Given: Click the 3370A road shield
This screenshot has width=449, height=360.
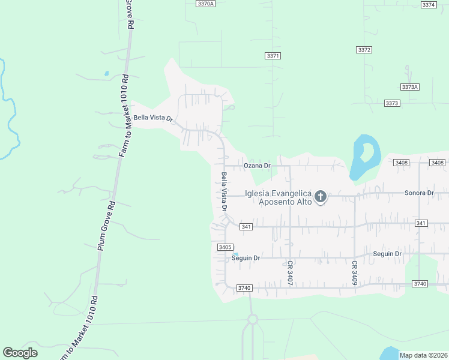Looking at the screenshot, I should pos(205,4).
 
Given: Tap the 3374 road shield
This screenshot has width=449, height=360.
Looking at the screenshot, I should pos(429,5).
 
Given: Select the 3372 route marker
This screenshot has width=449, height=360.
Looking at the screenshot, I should pos(364,50).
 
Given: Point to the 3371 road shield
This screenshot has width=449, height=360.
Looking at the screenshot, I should pos(273,56).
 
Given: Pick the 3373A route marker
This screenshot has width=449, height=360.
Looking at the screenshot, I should pos(409,87).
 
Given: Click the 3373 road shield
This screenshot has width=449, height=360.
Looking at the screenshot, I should pos(392,103).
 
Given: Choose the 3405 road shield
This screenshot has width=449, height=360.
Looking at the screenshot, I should pos(225,247).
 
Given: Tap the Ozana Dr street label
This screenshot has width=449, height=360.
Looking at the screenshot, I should pos(258,165).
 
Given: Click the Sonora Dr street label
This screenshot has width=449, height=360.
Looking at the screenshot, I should pos(419,193).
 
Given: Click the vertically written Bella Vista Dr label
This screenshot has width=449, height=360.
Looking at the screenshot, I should pos(224,191).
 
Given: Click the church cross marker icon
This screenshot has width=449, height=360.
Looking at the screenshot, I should pos(321,196).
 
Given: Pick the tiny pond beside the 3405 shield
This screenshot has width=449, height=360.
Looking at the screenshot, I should pos(235,254).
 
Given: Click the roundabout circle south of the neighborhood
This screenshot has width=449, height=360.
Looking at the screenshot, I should pos(253,319).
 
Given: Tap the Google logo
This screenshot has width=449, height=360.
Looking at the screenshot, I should pos(20,353).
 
